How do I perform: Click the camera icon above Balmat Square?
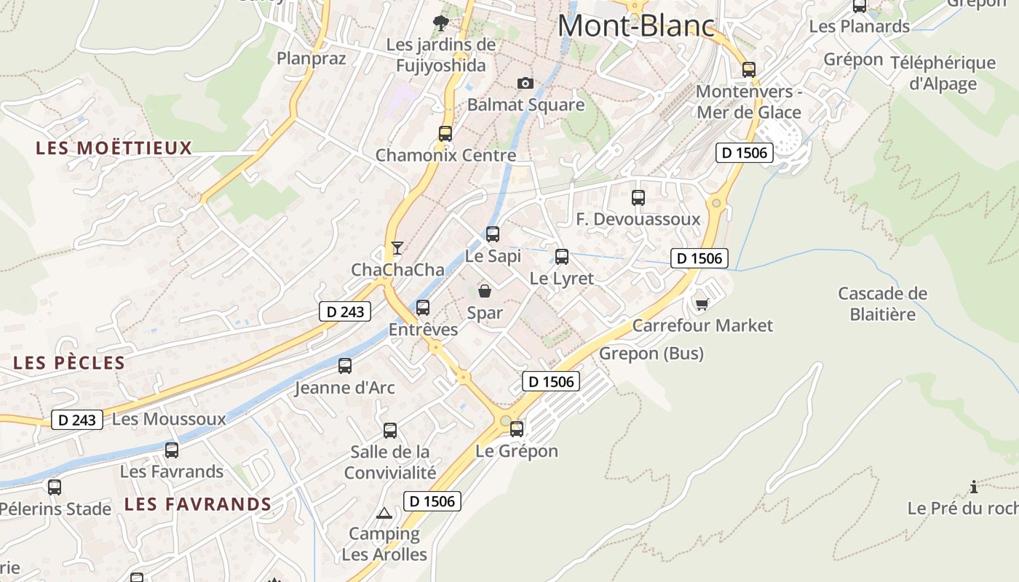[526, 84]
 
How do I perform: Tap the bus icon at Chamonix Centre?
[445, 134]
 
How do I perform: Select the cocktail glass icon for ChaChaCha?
[397, 248]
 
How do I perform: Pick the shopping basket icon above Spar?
[485, 291]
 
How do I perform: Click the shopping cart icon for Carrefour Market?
[702, 304]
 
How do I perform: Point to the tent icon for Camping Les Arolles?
[384, 513]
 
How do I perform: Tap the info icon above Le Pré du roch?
[974, 487]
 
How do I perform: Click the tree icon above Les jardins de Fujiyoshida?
[440, 23]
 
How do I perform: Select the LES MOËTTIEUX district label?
[114, 148]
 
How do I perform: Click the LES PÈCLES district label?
[69, 362]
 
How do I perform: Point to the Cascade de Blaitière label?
[882, 303]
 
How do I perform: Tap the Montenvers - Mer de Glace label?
[748, 102]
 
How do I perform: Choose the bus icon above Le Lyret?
[562, 256]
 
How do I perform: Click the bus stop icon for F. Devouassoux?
[638, 197]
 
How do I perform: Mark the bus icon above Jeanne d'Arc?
[345, 366]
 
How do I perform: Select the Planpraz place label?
[311, 57]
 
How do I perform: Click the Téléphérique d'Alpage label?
[943, 73]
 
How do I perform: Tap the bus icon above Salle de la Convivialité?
[390, 430]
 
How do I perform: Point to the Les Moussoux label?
[169, 419]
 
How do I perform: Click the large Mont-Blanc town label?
[636, 26]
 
